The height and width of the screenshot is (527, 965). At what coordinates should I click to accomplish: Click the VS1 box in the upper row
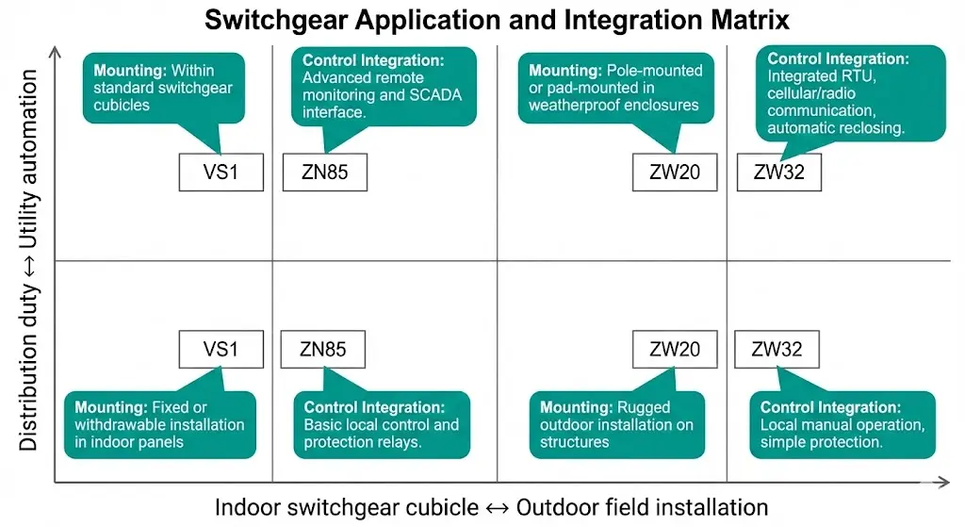coord(221,173)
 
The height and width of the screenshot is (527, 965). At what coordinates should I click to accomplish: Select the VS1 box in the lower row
coord(221,349)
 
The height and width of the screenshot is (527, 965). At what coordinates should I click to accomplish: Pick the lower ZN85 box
coord(323,349)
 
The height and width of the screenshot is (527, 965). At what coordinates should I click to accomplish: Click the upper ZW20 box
coord(675,173)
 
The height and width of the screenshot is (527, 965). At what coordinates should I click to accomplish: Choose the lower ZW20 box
coord(675,349)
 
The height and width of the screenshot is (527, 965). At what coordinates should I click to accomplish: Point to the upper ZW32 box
coord(777,173)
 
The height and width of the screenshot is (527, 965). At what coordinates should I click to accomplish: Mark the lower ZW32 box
coord(777,349)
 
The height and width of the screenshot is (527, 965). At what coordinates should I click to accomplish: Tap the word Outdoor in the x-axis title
coord(564,507)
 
